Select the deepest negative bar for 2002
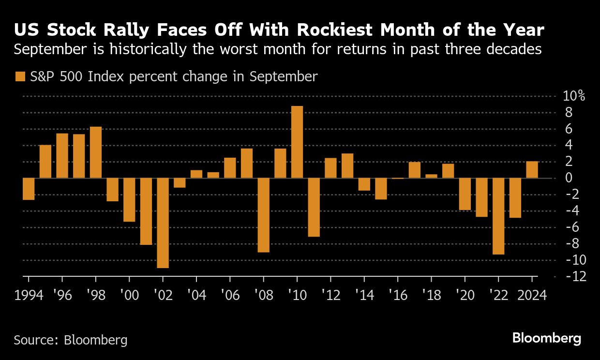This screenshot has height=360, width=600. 163,223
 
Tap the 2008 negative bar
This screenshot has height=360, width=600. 264,215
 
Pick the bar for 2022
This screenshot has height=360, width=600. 498,216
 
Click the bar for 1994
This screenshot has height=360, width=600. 29,189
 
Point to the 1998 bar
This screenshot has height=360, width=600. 96,152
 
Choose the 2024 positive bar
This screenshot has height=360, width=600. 532,170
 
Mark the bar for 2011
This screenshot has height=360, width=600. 314,207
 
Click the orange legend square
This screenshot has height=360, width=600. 20,76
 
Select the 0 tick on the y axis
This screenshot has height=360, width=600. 569,178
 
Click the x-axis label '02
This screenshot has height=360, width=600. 163,295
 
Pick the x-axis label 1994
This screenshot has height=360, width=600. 29,295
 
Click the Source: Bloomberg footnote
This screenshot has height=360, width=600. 71,340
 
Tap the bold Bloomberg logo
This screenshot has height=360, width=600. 546,338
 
